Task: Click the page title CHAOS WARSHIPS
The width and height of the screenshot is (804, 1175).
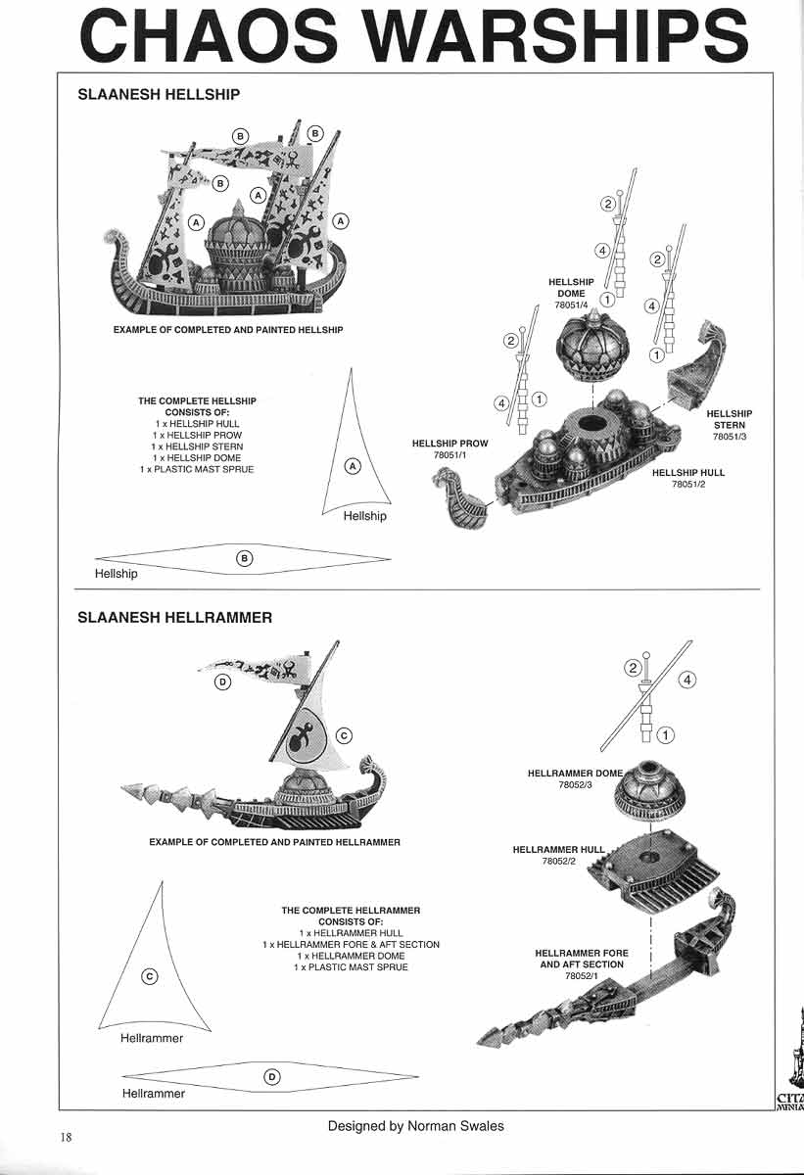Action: point(412,36)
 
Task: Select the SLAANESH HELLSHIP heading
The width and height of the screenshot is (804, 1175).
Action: point(159,95)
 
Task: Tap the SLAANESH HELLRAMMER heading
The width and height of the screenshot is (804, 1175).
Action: point(174,618)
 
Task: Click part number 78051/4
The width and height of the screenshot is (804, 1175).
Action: point(570,305)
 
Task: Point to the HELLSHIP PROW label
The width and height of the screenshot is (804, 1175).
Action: point(450,444)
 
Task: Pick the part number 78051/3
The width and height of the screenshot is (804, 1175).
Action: point(729,437)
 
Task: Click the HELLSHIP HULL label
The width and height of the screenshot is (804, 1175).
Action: point(688,473)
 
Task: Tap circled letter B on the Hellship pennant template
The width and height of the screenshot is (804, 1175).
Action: point(245,558)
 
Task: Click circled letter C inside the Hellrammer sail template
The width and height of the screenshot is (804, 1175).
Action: point(149,975)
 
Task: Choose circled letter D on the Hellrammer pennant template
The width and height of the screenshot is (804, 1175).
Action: point(272,1077)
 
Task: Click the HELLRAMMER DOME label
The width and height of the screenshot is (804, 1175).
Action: point(575,774)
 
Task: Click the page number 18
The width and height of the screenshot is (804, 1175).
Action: point(65,1137)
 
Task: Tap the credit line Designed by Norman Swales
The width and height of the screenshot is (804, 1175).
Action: point(416,1126)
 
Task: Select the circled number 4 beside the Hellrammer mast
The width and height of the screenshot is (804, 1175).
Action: point(687,679)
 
